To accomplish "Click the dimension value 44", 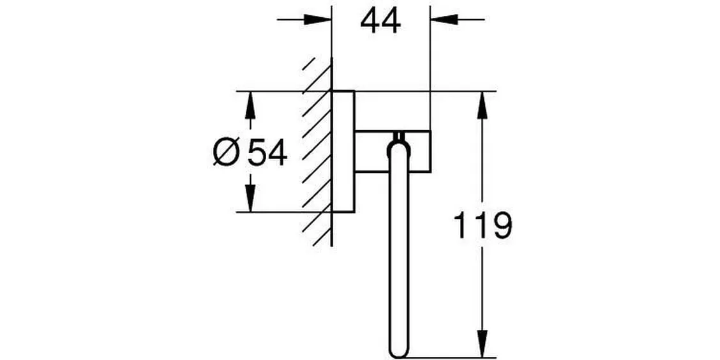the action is point(380,21).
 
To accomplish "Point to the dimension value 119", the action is point(483,225).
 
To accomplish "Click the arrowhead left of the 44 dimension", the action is point(318,20).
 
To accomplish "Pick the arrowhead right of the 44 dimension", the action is point(444,20).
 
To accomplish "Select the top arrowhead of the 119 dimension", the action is point(482,105).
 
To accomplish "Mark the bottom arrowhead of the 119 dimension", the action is point(482,343).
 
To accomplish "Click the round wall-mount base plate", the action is point(343,151).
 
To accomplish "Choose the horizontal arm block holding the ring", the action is point(393,151).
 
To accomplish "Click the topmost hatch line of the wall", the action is point(308,64).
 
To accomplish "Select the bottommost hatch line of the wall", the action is point(322,237).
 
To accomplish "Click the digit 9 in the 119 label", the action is point(500,225).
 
